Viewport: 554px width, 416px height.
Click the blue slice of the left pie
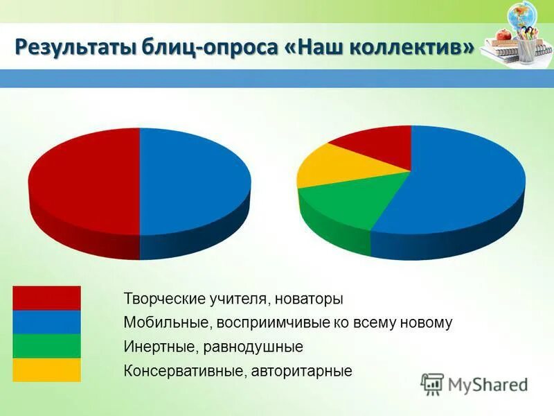194,180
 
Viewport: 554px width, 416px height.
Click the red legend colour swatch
46,298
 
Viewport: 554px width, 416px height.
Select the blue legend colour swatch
46,322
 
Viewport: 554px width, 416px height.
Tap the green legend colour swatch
46,345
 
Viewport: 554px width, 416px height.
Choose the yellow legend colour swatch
46,370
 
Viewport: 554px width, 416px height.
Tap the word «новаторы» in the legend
308,300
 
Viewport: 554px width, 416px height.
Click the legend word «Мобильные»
166,322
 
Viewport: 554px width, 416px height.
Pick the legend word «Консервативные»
181,370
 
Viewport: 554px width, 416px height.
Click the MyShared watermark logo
474,383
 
